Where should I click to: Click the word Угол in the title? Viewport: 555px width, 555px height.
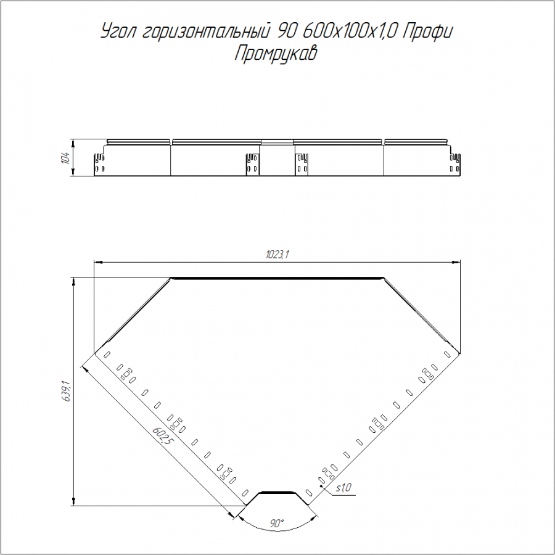(118, 31)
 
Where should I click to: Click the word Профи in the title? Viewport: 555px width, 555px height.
(428, 32)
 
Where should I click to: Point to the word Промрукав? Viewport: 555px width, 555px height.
(276, 54)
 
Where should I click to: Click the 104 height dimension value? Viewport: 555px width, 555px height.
(65, 157)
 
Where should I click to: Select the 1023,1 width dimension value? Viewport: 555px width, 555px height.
(277, 255)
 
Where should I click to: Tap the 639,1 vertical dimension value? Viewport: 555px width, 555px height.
(67, 391)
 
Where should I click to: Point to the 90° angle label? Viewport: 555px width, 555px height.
(277, 524)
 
